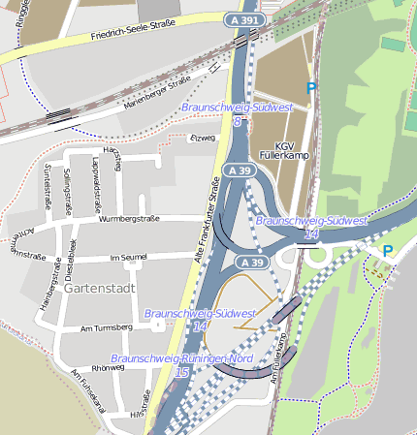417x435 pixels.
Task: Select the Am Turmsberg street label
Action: [x=106, y=328]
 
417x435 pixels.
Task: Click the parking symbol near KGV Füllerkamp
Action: [x=311, y=88]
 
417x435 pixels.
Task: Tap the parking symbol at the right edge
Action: [x=387, y=252]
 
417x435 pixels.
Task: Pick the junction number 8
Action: [x=237, y=122]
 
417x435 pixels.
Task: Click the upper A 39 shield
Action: [x=242, y=171]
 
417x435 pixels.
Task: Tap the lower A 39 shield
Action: [x=252, y=263]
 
